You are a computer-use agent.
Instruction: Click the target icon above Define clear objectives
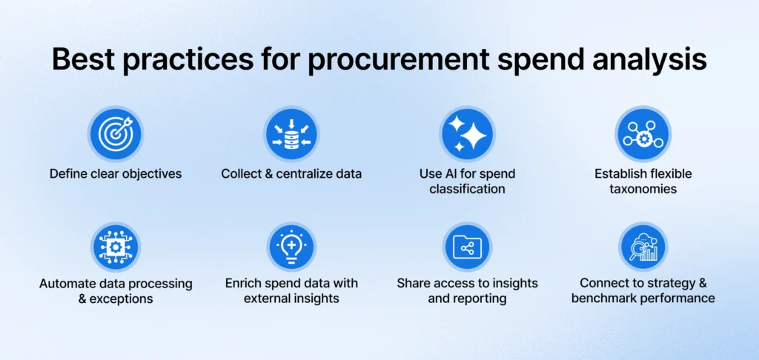click(x=116, y=134)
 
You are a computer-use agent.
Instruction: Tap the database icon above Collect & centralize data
click(x=291, y=134)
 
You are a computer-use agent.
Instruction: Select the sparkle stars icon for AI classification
click(x=467, y=134)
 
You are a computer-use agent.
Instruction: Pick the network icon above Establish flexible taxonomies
click(x=643, y=134)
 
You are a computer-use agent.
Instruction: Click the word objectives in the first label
click(x=149, y=174)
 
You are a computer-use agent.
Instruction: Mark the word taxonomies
click(x=643, y=189)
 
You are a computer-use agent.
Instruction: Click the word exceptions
click(x=122, y=299)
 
